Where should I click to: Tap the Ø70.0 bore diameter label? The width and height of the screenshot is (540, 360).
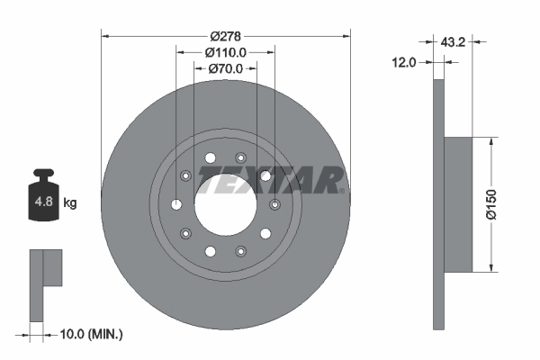pyautogui.click(x=225, y=68)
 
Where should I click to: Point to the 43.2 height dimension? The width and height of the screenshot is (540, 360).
pyautogui.click(x=454, y=41)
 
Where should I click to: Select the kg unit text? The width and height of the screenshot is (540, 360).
pyautogui.click(x=70, y=202)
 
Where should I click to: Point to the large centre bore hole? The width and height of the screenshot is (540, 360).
pyautogui.click(x=225, y=202)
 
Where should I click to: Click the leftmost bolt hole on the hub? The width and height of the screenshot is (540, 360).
pyautogui.click(x=176, y=203)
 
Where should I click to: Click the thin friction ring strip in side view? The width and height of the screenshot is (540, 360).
pyautogui.click(x=438, y=204)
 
